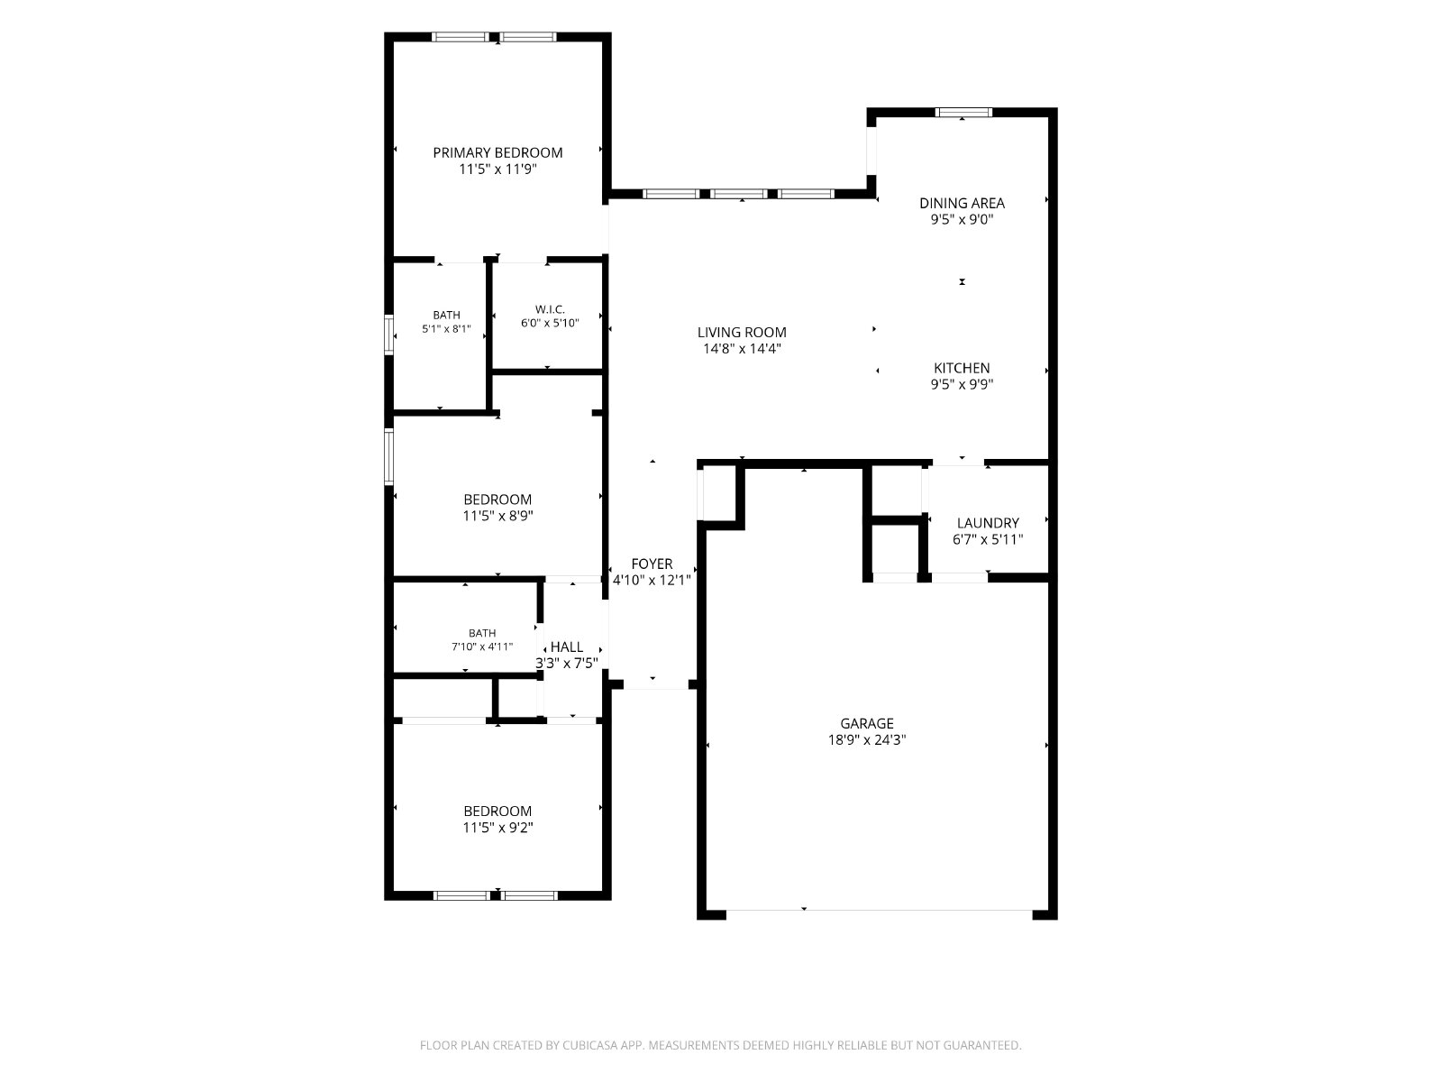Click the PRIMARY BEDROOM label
pos(497,152)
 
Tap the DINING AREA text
pos(962,203)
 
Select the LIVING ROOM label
pos(742,333)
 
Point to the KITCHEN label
pos(962,368)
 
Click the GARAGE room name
pos(867,723)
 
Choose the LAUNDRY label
pos(988,523)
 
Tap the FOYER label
pos(652,564)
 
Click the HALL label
pos(566,647)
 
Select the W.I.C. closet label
pos(550,308)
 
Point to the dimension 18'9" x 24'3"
pos(867,739)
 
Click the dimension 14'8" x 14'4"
pos(742,349)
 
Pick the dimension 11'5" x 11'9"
pos(497,170)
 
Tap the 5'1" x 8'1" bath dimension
pos(446,328)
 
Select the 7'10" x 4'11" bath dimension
pos(482,646)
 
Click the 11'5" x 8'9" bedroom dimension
pos(497,516)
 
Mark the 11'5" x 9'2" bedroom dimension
pos(497,827)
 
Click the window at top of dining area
pos(963,113)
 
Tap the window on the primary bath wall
pos(389,335)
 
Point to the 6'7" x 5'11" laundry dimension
pos(988,539)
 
